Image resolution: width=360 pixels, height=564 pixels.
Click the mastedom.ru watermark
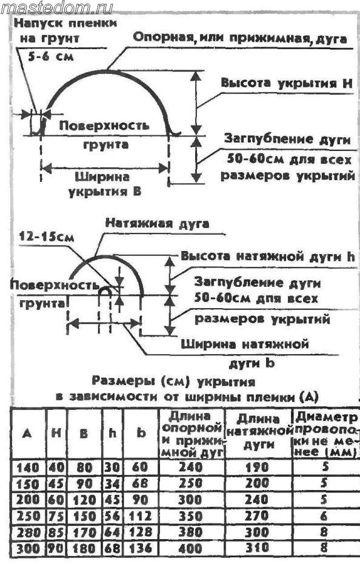pos(58,7)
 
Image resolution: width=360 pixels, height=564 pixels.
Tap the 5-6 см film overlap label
pos(51,56)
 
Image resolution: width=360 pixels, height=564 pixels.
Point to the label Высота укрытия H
pos(287,83)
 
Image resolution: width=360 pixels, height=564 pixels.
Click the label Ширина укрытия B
pos(104,184)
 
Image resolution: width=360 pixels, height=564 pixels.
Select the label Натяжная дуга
pos(157,223)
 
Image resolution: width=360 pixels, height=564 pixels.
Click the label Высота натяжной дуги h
pos(267,256)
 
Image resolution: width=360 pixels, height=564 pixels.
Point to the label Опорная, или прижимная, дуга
pos(240,38)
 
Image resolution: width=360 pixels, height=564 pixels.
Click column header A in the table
pos(27,434)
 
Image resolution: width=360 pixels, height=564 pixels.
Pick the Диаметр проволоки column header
pos(326,434)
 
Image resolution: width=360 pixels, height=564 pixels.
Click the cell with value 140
pos(28,467)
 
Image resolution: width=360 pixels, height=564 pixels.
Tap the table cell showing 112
pos(139,516)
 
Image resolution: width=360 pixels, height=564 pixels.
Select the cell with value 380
pos(191,532)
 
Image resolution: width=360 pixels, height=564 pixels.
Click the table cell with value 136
pos(140,548)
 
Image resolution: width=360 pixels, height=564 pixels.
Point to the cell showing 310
pos(257,548)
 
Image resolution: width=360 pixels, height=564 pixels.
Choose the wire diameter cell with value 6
pos(324,516)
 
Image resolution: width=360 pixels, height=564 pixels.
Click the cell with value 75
pos(56,516)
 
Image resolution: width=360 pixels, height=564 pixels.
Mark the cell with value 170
pos(84,532)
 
